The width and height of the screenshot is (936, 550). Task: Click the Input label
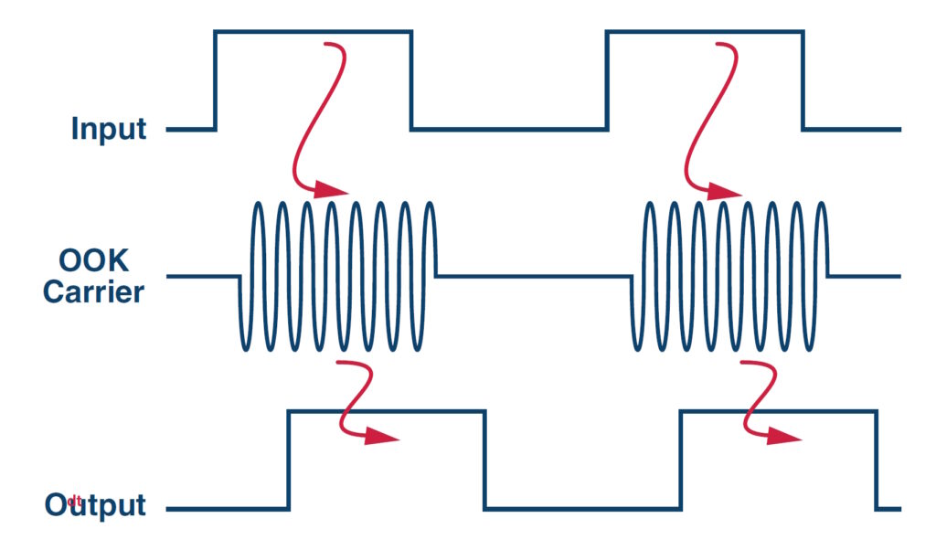click(x=109, y=129)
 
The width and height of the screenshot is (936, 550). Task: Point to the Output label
click(x=95, y=505)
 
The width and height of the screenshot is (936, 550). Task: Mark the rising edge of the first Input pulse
click(x=216, y=80)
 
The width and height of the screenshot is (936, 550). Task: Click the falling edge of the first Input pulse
click(x=411, y=80)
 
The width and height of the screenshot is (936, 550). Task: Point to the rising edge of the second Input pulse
click(x=607, y=80)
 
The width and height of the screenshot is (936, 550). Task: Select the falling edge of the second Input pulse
click(x=803, y=80)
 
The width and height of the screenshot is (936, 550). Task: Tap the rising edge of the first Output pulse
click(x=289, y=460)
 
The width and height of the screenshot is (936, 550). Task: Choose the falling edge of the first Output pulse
click(x=484, y=460)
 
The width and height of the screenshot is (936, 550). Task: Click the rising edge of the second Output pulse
click(x=681, y=460)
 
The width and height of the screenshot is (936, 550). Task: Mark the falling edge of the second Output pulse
click(x=876, y=460)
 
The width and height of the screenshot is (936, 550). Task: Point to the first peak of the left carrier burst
click(x=259, y=203)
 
